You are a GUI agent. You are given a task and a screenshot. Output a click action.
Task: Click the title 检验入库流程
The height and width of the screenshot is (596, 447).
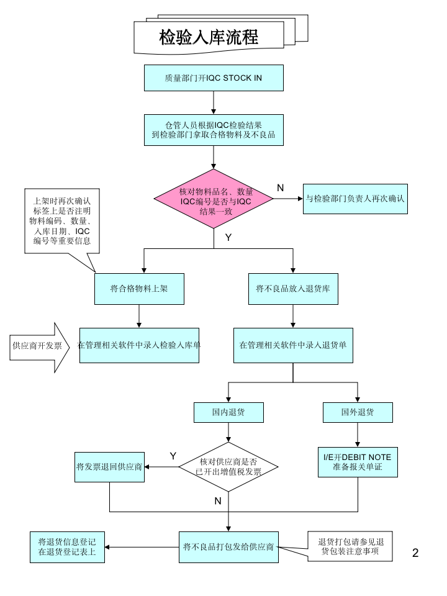209,38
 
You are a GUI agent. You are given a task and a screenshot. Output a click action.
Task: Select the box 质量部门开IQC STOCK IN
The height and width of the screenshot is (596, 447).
214,78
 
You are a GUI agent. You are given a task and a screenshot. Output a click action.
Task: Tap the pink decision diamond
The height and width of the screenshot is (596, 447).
214,199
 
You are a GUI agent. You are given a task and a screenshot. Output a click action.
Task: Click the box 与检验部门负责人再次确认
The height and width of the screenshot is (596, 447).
355,199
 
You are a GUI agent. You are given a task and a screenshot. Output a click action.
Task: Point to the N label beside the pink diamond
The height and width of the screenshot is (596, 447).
280,188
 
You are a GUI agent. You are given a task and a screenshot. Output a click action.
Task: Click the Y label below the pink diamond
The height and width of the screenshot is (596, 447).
228,237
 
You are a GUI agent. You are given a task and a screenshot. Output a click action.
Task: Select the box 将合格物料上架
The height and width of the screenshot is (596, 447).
139,289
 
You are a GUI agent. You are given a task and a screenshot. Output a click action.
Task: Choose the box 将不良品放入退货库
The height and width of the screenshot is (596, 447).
293,289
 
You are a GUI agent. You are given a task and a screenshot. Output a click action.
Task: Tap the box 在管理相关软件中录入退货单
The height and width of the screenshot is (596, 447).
293,346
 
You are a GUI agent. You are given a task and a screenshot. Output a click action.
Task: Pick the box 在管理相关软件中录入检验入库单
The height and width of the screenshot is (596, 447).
139,346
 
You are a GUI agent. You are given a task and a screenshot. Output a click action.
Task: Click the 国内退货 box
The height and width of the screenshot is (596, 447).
228,412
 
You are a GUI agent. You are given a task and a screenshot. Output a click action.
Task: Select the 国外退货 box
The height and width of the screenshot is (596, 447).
358,412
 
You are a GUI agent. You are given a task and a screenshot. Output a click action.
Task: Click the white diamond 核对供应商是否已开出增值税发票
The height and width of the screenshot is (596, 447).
228,467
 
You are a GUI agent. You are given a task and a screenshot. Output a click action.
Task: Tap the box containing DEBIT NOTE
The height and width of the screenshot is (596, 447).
358,462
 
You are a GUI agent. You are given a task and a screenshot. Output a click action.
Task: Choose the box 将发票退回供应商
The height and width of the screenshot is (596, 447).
110,467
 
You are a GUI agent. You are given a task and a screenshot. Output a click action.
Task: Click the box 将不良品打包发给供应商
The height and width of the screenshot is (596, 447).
228,547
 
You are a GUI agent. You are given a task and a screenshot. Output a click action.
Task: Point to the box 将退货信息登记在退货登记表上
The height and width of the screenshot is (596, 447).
67,547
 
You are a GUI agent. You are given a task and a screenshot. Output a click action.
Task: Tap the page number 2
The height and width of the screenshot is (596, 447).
415,553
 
